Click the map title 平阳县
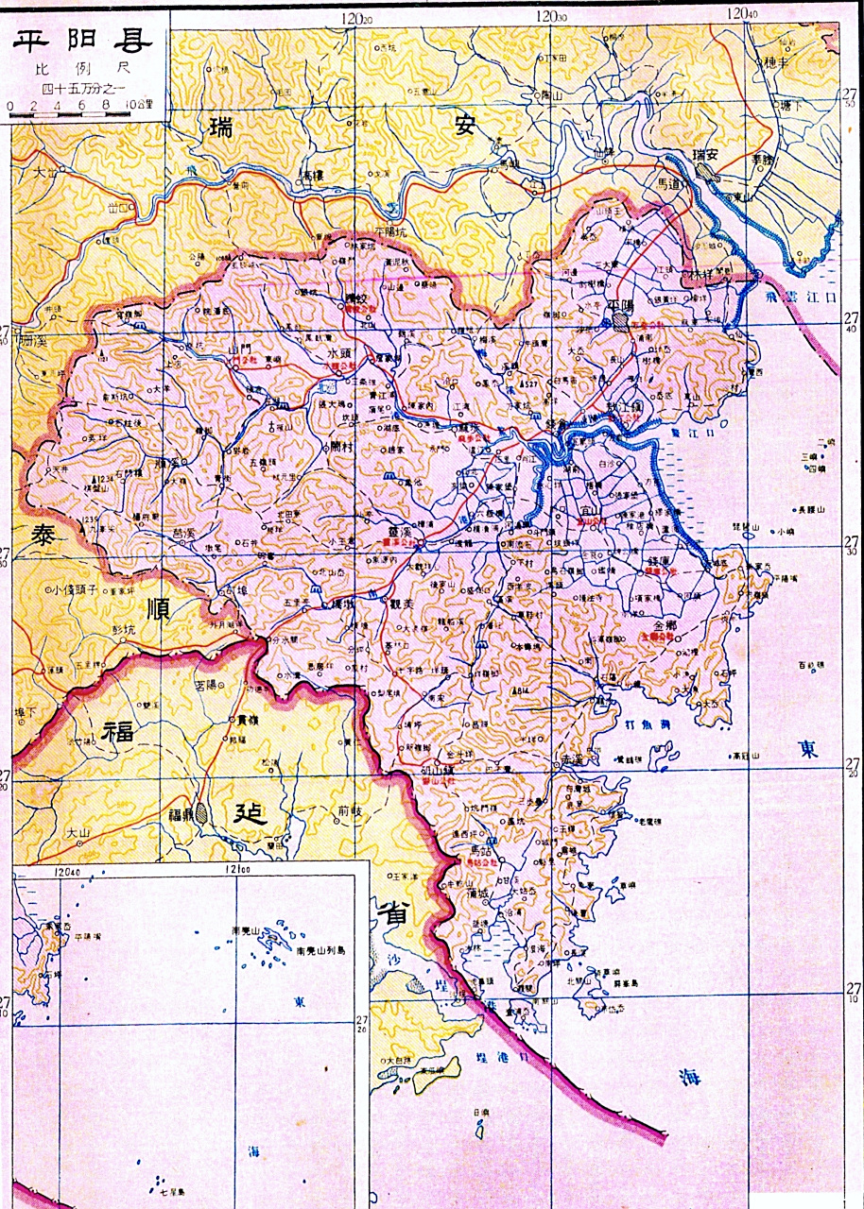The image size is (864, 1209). pos(81,43)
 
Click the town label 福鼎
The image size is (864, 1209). pos(180,814)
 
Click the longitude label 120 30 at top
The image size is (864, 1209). pos(551,15)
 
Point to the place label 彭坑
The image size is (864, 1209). pos(124,628)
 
